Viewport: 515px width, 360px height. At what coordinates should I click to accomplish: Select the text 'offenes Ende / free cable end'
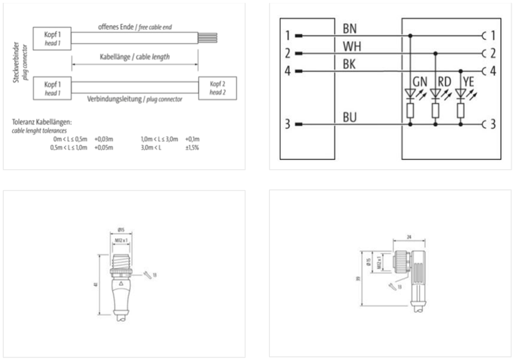[134, 28]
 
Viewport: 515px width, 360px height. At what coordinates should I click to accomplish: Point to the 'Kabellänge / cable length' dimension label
[134, 57]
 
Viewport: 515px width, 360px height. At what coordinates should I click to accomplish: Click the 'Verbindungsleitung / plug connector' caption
[134, 99]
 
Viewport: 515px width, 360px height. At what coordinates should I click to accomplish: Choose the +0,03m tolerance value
[103, 138]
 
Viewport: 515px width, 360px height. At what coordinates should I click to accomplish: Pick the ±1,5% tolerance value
[192, 147]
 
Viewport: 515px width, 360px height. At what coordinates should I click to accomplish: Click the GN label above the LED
[420, 82]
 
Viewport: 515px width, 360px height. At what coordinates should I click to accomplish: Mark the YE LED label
[469, 82]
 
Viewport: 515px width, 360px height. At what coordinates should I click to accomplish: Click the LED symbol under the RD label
[436, 94]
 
